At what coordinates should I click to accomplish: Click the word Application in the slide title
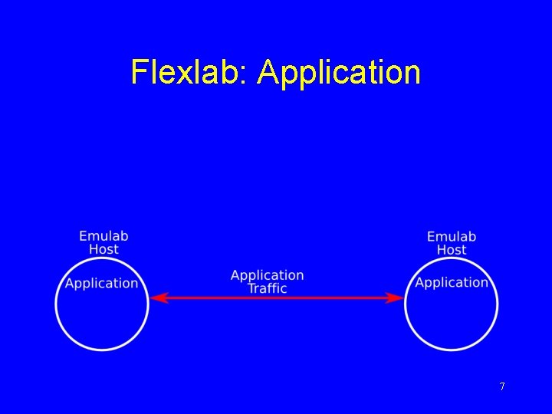[340, 73]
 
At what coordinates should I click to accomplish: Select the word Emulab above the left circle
[103, 236]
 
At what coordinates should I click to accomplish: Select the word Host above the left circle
[103, 249]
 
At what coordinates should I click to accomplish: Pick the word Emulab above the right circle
[452, 237]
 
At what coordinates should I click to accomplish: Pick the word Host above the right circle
[452, 250]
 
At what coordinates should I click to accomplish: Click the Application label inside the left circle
[102, 284]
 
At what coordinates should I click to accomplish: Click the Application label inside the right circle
[452, 283]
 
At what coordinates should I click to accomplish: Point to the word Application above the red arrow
[267, 275]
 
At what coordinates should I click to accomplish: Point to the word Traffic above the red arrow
[267, 288]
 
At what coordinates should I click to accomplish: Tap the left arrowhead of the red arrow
[156, 297]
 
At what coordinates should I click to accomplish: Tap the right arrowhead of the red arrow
[396, 297]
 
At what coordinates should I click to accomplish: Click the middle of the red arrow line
[276, 297]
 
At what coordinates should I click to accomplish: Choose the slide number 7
[502, 386]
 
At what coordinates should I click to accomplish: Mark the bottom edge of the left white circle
[102, 350]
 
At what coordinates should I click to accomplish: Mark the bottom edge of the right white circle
[452, 350]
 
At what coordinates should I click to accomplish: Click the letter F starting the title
[139, 72]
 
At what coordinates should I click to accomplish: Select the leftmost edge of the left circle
[56, 304]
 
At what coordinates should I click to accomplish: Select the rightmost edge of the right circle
[498, 304]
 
